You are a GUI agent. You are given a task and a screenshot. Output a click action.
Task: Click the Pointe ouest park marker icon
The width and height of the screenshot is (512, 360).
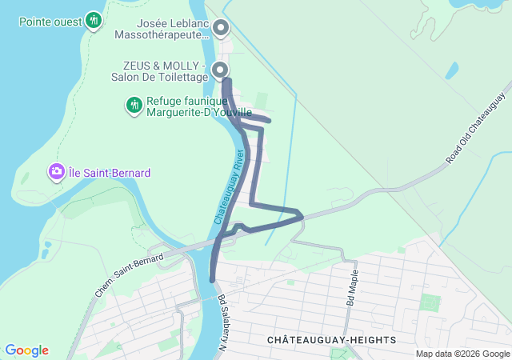point(94,20)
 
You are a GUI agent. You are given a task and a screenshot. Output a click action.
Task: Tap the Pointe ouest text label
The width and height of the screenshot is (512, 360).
point(50,20)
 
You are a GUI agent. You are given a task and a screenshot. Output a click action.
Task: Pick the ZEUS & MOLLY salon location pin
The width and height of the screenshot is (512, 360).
point(222,71)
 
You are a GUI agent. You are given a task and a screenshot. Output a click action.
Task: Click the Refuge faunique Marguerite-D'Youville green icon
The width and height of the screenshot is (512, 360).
point(134,105)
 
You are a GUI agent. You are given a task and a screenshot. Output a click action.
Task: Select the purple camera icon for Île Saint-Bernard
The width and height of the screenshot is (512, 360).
point(57,171)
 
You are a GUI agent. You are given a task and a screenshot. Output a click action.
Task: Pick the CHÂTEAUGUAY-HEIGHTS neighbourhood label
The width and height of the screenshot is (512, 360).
point(331,340)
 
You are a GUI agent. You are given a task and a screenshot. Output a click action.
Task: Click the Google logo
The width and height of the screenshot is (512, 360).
point(26,350)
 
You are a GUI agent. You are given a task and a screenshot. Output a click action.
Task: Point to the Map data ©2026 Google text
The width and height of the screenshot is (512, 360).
point(462,354)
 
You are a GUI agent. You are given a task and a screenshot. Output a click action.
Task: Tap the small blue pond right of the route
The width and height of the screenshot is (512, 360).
point(452,71)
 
